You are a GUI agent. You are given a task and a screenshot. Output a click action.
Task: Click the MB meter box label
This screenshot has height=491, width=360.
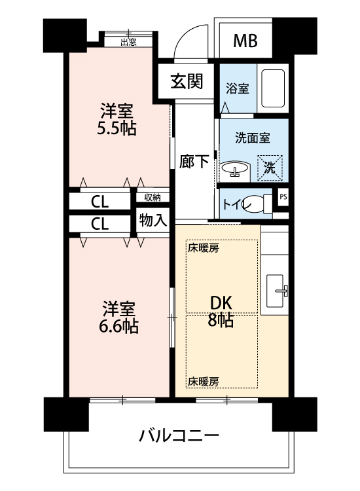[245, 41]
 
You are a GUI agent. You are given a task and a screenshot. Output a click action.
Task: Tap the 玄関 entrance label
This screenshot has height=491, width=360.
[187, 81]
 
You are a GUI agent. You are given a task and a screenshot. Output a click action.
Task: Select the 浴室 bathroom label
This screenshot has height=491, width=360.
[238, 88]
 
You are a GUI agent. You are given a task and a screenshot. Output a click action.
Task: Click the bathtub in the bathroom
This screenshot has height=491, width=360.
[273, 88]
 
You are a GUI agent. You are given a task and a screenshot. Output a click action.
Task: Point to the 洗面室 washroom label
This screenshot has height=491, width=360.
[252, 137]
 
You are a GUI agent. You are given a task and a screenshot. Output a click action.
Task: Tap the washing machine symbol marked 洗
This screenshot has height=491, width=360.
[270, 168]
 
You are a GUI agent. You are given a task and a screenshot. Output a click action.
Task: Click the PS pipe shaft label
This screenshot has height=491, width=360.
[283, 197]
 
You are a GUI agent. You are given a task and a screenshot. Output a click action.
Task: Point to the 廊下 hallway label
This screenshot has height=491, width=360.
[194, 162]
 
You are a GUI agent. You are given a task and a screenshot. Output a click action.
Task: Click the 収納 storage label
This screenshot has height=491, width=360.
[153, 198]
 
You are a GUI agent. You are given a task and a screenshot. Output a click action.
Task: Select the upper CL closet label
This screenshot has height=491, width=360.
[100, 202]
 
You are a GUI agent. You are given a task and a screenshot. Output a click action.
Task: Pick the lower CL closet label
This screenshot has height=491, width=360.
[100, 224]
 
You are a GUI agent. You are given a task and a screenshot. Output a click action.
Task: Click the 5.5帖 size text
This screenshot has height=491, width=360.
[117, 128]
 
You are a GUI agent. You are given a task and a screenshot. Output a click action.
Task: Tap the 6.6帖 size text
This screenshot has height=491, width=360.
[118, 326]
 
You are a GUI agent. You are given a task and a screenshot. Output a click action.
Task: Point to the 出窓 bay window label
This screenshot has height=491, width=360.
[128, 43]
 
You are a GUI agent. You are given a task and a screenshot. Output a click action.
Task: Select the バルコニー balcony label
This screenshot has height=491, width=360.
[179, 435]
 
